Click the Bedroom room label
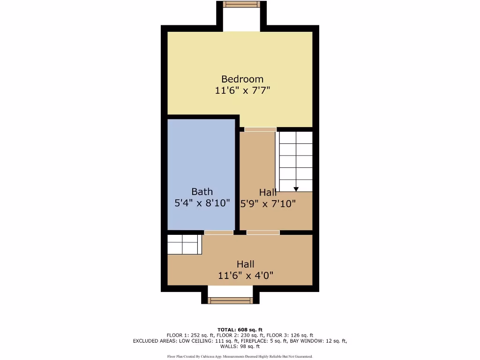pos(242,79)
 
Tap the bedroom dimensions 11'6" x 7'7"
pos(242,90)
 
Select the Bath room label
pos(202,192)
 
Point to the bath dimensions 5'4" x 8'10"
pos(202,203)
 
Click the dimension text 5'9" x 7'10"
pos(268,204)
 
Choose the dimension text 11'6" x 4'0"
pos(245,276)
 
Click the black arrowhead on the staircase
pos(296,189)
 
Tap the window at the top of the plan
pos(241,4)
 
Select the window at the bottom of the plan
pos(230,300)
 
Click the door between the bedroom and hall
pos(260,129)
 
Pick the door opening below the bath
pos(218,232)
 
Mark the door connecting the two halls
pos(263,232)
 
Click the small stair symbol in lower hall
pos(184,244)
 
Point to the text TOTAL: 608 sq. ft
pos(240,330)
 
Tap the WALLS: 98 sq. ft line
pos(240,346)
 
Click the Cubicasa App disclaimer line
pos(240,356)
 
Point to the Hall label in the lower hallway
pos(245,264)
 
